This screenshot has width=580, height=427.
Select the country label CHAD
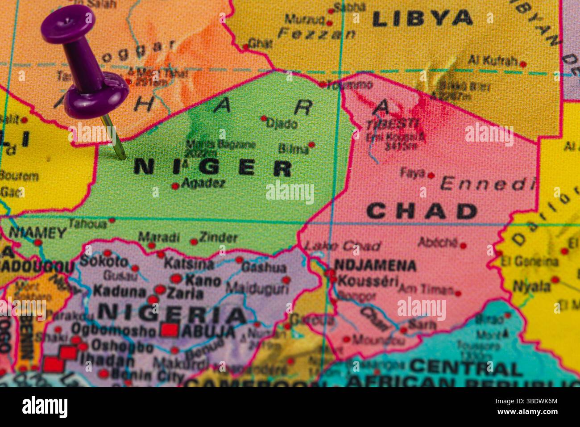(422, 211)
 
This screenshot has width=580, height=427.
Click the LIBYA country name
(422, 18)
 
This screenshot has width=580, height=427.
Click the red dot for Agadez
(175, 186)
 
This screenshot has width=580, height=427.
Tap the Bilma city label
(293, 149)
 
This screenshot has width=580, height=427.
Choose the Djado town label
(282, 123)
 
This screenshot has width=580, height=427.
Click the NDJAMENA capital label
(375, 265)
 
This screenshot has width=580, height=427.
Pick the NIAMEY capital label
(37, 233)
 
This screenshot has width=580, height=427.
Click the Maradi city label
(159, 237)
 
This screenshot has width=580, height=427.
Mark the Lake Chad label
(342, 246)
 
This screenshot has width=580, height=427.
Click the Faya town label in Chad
(413, 173)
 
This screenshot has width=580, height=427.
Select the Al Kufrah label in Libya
(493, 60)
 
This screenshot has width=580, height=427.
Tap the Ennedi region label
(487, 184)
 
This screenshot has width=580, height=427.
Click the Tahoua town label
(87, 223)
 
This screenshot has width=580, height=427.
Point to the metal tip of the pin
(124, 157)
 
